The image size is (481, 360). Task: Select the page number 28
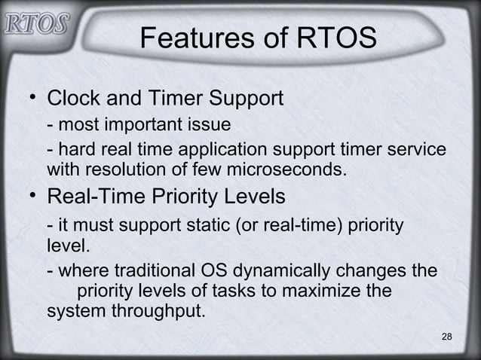[x=446, y=335]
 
